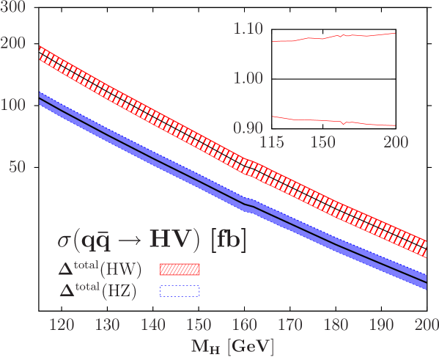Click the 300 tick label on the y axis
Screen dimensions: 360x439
tap(15, 6)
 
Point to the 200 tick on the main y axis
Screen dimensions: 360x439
tap(15, 43)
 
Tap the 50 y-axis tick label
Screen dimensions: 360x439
tap(18, 167)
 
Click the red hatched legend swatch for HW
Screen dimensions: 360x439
tap(180, 270)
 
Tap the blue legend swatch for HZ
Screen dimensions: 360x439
tap(180, 291)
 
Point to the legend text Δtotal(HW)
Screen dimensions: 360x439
tap(100, 270)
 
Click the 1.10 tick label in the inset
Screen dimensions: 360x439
tap(248, 29)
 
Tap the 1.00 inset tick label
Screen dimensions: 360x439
tap(248, 78)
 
